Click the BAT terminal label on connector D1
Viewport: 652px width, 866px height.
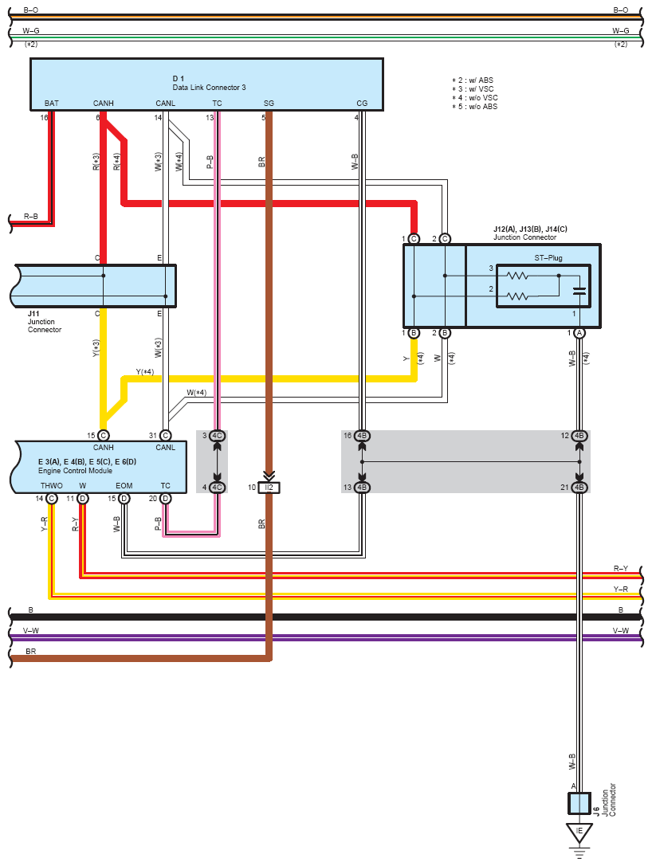[x=52, y=104]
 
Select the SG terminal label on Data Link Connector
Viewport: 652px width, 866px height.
[x=269, y=104]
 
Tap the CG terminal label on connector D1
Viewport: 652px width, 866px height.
[x=362, y=104]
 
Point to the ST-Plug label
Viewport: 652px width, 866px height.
[x=548, y=258]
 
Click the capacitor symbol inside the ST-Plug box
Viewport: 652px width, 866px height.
[x=580, y=292]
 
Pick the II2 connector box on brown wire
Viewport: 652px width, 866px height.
[x=269, y=487]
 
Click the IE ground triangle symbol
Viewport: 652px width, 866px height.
[x=579, y=832]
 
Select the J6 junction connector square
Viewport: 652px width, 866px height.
[x=579, y=801]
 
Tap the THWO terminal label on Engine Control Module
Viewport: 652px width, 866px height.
[x=51, y=485]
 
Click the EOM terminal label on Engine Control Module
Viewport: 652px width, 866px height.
[x=124, y=485]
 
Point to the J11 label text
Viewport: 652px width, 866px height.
[x=33, y=314]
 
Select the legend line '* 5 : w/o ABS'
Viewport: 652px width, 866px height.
[x=475, y=107]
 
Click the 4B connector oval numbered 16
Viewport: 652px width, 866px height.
[x=362, y=436]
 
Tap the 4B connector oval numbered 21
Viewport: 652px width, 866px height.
[x=579, y=487]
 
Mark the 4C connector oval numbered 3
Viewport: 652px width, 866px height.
[x=218, y=436]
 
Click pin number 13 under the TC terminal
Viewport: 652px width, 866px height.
[x=210, y=118]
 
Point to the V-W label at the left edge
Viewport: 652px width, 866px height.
[x=31, y=631]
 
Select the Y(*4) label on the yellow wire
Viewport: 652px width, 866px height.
[x=145, y=372]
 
